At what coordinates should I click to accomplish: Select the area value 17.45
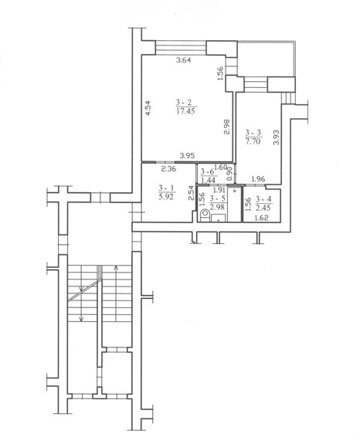(185, 110)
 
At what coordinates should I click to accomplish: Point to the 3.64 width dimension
(184, 59)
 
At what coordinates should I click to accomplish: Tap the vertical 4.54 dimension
(148, 108)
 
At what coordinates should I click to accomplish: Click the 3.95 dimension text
(187, 155)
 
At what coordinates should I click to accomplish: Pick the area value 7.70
(253, 141)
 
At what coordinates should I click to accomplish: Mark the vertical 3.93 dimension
(276, 137)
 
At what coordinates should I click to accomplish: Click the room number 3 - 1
(166, 188)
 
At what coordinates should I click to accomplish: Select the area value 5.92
(166, 196)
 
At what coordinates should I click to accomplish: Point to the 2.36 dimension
(169, 169)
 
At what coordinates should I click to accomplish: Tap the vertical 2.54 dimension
(191, 193)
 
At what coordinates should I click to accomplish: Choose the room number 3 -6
(207, 171)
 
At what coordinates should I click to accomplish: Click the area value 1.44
(208, 180)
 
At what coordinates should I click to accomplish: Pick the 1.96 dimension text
(258, 179)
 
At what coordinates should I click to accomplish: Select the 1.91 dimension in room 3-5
(219, 190)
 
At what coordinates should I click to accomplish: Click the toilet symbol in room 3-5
(204, 215)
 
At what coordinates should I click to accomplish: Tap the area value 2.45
(263, 208)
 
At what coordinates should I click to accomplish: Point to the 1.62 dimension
(262, 218)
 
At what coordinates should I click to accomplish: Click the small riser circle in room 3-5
(235, 191)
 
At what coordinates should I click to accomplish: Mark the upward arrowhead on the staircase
(116, 267)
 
